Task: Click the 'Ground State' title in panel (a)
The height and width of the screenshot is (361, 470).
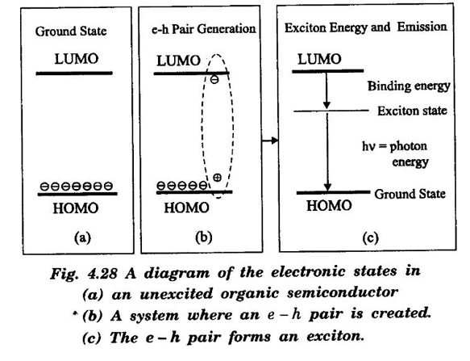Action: point(71,31)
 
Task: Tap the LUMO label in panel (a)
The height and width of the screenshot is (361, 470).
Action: point(77,59)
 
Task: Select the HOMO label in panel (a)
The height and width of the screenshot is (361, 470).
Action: point(76,208)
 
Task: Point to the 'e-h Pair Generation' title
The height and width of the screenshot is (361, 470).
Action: point(203,29)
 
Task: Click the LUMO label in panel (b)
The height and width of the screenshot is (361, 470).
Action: point(178,61)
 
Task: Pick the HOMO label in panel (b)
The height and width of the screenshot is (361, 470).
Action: point(186,208)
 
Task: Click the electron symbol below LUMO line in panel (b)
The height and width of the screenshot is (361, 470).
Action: point(214,80)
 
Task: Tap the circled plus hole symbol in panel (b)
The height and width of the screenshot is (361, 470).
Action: point(217,178)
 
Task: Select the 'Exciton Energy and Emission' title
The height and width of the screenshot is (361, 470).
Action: point(366,27)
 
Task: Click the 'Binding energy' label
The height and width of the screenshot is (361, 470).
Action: point(409,86)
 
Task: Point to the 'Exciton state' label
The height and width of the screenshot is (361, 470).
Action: point(412,111)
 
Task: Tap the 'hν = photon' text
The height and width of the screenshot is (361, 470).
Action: point(394,146)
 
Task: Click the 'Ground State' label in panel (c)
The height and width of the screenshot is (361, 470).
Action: point(410,194)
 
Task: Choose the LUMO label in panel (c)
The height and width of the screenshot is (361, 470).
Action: point(319,59)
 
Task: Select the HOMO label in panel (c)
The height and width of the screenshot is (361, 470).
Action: point(329,206)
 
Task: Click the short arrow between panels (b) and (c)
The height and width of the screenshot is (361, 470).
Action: point(270,140)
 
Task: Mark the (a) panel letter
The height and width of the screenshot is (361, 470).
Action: point(82,237)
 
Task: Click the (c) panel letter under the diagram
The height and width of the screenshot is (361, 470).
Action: point(370,238)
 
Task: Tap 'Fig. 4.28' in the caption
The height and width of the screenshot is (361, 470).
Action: point(84,274)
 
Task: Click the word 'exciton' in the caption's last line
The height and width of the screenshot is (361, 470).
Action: point(335,337)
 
